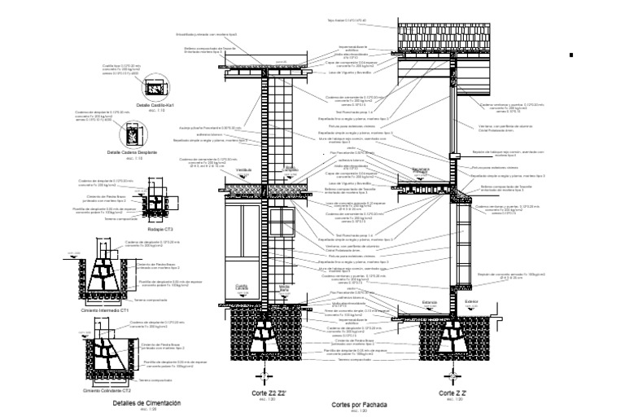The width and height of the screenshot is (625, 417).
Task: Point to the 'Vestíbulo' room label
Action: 244,170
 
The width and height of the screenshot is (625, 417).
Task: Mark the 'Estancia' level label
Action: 429,302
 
